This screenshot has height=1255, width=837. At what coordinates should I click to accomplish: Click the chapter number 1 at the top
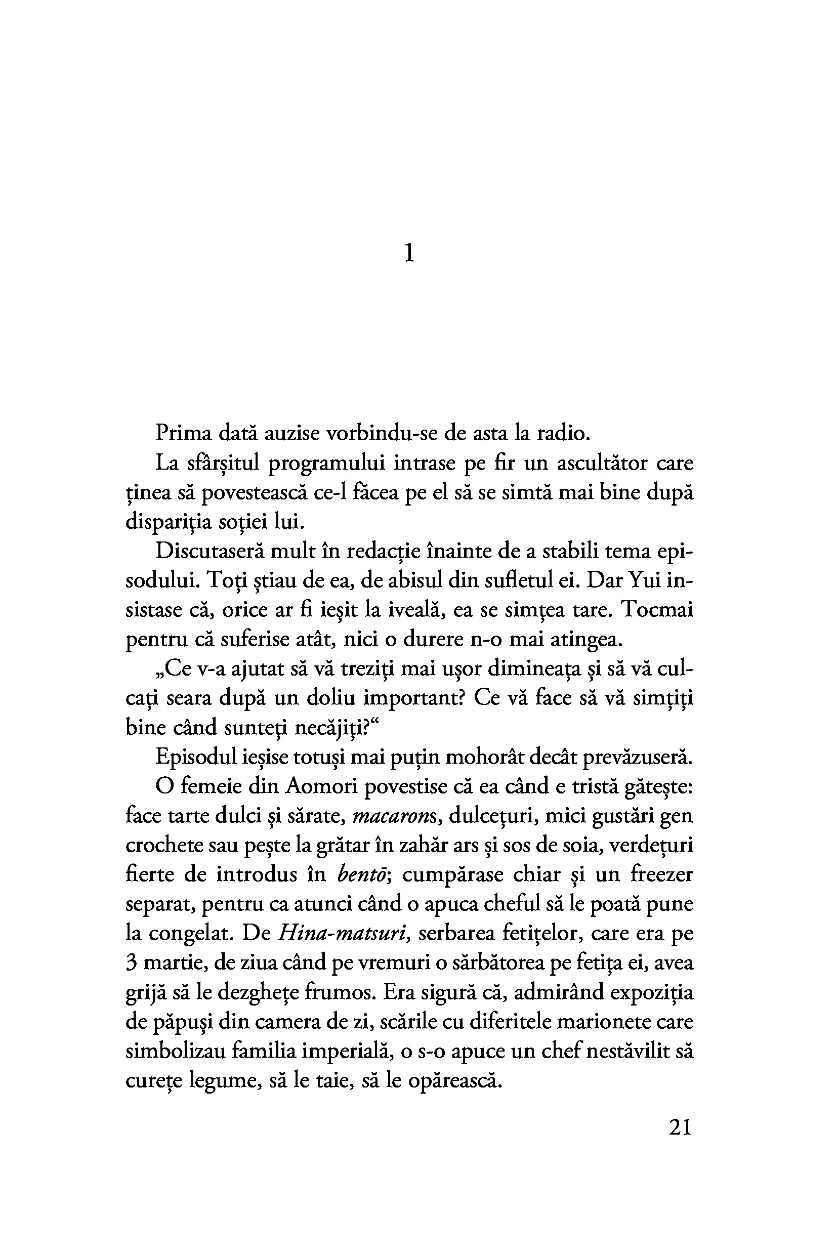point(409,253)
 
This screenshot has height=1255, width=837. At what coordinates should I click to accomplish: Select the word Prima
point(183,433)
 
